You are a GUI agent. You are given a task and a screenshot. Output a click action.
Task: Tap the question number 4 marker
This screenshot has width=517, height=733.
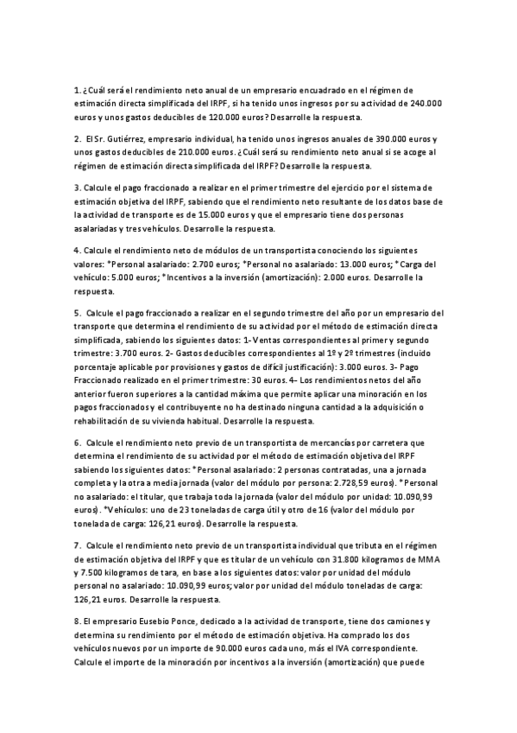(x=77, y=252)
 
